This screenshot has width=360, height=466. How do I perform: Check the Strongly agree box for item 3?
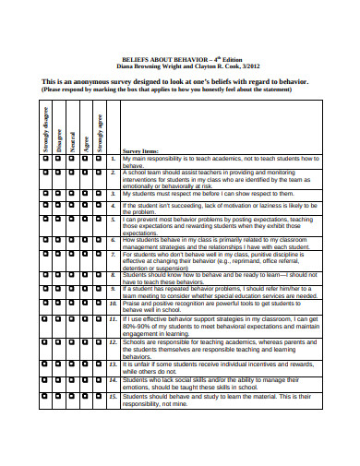point(101,195)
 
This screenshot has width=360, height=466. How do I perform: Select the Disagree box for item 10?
point(59,303)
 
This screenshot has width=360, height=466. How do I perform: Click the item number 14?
point(113,379)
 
